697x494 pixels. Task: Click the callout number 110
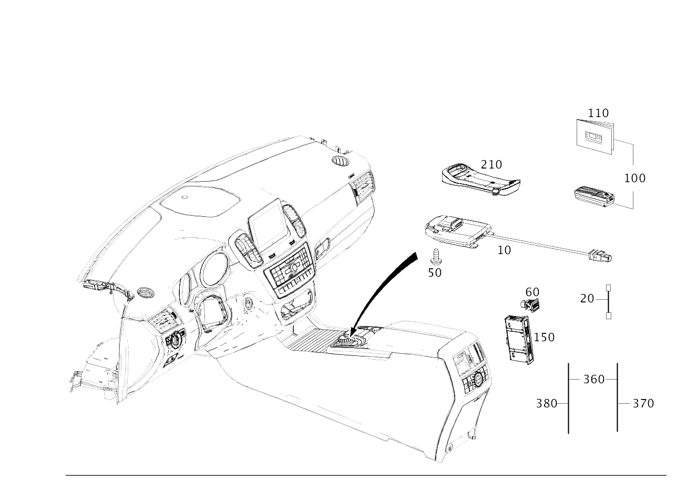(x=598, y=113)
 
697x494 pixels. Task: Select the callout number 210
(x=491, y=165)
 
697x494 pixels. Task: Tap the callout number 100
(x=635, y=178)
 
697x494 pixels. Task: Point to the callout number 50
(x=435, y=273)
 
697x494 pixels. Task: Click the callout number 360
(x=593, y=380)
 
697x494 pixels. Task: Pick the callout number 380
(x=546, y=404)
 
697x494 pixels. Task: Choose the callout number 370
(x=643, y=404)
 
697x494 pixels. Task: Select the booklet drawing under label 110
(x=596, y=136)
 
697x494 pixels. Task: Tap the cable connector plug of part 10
(x=600, y=256)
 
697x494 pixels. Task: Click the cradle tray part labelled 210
(x=481, y=182)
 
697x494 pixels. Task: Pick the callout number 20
(x=587, y=299)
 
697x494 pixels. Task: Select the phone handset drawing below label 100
(x=594, y=197)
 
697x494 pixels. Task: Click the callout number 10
(x=504, y=250)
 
